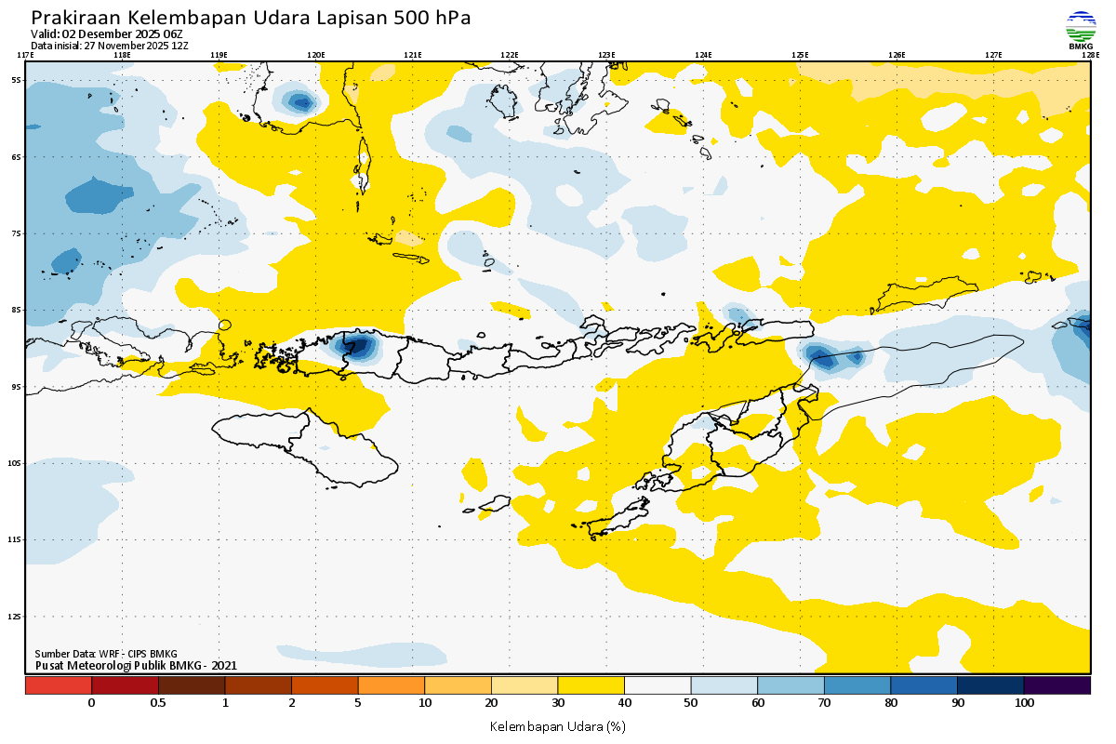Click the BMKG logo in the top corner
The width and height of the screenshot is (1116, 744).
tap(1080, 29)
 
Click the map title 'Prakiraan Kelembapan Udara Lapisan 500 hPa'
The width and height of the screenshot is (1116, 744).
tap(251, 18)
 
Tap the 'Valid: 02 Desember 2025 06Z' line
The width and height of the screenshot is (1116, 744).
tap(107, 33)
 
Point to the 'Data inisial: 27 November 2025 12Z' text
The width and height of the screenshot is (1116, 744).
tap(110, 45)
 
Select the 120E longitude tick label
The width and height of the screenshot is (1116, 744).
tap(316, 55)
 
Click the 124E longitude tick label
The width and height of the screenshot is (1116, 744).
tap(703, 55)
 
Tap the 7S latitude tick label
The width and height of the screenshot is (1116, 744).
tap(17, 233)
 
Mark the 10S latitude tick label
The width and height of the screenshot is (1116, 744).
tap(16, 463)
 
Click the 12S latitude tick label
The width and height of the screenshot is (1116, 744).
tap(16, 617)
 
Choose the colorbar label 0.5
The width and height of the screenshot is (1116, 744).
tap(158, 703)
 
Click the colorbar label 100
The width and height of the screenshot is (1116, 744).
tap(1024, 703)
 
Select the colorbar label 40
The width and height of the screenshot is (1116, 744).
tap(624, 703)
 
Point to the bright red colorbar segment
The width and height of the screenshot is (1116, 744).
tap(59, 685)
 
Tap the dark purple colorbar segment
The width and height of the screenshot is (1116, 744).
tap(1056, 685)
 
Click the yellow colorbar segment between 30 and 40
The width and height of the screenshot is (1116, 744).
tap(591, 685)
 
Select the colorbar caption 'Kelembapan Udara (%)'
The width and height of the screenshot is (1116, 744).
tap(557, 725)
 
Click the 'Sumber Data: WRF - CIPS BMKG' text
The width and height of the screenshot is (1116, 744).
tap(106, 654)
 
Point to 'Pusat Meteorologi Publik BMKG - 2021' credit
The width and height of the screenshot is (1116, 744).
tap(136, 665)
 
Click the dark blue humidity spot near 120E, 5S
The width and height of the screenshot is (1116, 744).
tap(299, 100)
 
